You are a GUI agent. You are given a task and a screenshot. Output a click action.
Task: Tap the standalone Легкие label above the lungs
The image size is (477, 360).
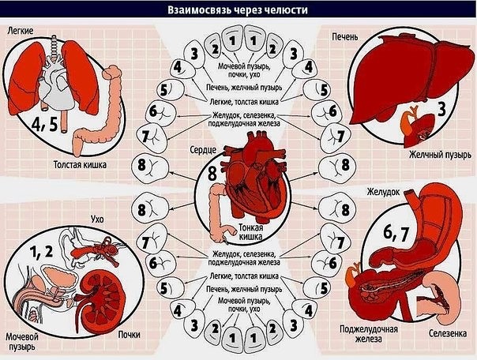21,30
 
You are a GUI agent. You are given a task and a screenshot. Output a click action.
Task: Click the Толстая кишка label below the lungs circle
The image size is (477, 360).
79,166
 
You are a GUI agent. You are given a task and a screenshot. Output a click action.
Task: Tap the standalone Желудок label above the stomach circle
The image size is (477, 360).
385,192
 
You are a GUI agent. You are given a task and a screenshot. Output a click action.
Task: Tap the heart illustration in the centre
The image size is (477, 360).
254,175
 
